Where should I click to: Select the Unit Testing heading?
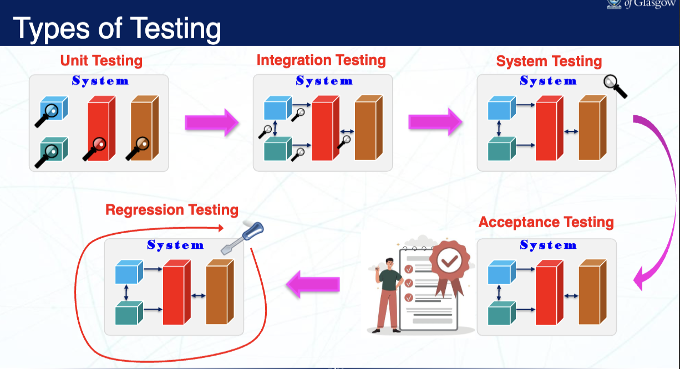pos(101,60)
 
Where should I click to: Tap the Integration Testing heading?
pos(321,60)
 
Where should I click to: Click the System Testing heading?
pos(549,61)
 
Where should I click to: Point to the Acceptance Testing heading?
pos(546,223)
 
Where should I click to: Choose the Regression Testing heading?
pos(172,210)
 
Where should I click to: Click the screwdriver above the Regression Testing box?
pos(242,239)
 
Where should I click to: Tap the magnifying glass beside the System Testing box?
pos(615,86)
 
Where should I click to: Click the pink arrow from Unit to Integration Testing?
pos(211,122)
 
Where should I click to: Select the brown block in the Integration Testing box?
pos(368,127)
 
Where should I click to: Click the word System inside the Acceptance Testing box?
pos(548,245)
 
